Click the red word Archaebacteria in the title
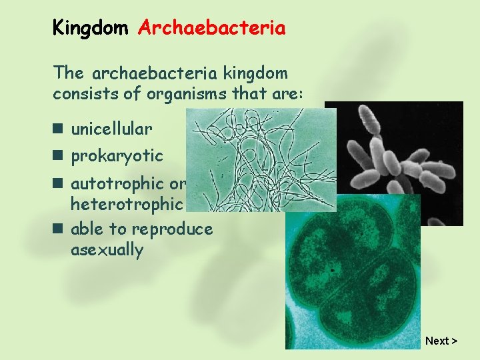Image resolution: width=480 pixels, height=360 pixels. (211, 28)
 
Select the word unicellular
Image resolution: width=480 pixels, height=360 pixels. (111, 128)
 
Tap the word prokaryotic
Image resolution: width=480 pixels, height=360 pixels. (117, 156)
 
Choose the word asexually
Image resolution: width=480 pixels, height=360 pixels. (107, 250)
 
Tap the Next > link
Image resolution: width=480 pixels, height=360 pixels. (441, 341)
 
